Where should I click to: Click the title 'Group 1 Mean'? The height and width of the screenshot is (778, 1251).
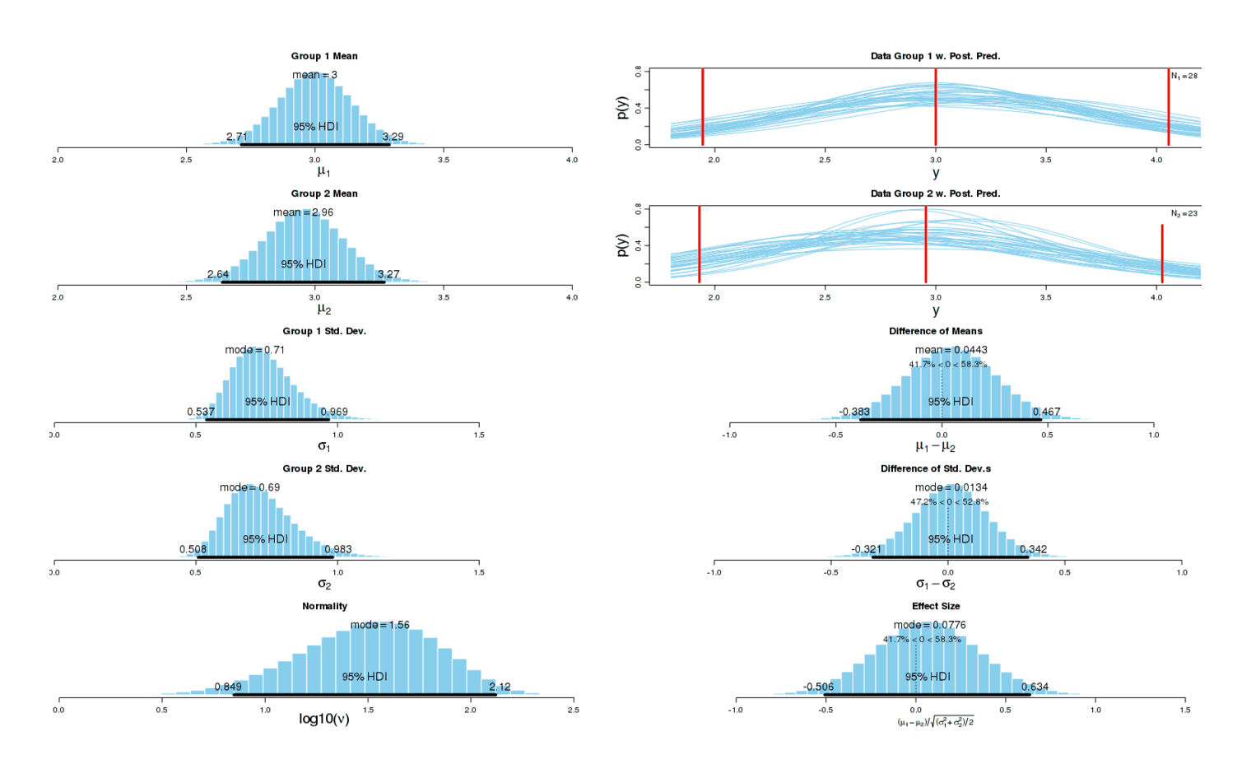coord(324,56)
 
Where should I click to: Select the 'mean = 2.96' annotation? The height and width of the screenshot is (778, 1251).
coord(304,212)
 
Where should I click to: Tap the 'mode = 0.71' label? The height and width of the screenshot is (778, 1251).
coord(255,350)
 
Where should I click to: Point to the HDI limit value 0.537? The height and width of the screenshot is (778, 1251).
coord(201,412)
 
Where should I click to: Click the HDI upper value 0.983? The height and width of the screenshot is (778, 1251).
coord(337,549)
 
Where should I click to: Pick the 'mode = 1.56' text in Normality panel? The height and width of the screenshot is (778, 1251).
coord(380,625)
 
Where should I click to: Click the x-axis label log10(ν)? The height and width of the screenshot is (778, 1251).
coord(324,719)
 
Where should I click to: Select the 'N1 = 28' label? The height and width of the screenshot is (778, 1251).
coord(1184,76)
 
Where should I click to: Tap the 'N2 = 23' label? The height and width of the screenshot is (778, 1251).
coord(1184,213)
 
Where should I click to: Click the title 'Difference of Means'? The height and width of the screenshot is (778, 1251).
coord(936,331)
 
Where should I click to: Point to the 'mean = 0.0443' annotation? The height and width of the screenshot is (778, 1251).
coord(951,350)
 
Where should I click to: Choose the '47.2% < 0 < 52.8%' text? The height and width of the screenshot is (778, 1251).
coord(950,501)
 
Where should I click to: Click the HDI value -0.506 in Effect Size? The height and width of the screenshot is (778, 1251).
coord(819,687)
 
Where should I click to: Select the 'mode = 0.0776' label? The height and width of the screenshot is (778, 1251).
coord(930,625)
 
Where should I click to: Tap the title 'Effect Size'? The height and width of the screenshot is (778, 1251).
coord(936,606)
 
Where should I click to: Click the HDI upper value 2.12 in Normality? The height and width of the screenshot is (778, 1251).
coord(500,687)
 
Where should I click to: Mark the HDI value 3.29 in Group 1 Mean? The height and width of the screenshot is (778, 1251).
coord(393,137)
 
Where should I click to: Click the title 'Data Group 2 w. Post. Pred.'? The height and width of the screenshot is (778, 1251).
coord(936,193)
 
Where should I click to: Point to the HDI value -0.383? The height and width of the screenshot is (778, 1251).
coord(854,412)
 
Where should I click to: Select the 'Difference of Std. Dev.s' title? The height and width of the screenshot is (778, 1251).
coord(936,468)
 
